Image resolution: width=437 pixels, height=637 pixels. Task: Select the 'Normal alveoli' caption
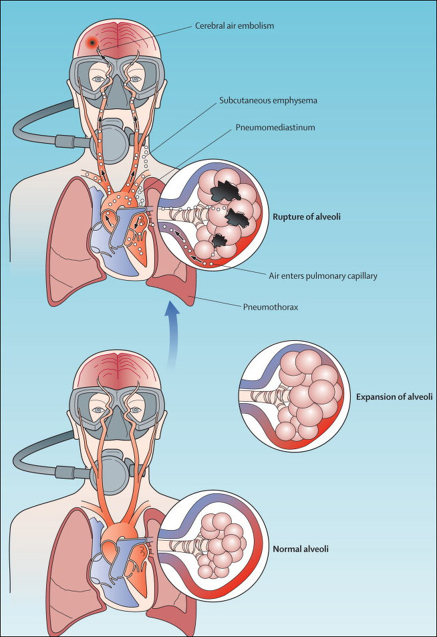click(x=301, y=549)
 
